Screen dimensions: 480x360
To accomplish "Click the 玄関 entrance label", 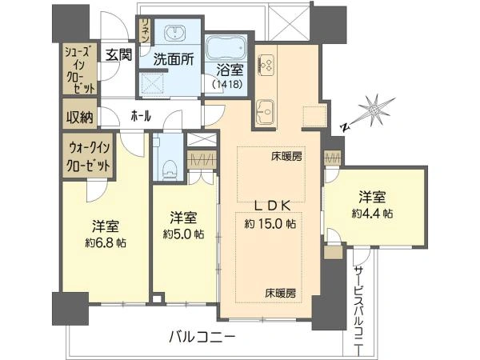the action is point(119,55).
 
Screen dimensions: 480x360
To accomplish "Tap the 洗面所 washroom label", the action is point(174,59).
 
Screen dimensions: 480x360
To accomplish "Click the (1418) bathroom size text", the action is point(227,84).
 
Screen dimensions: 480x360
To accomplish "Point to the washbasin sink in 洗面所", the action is point(174,33).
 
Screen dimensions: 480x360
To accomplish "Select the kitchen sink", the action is point(265,112).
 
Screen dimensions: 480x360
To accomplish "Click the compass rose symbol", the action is point(373,111).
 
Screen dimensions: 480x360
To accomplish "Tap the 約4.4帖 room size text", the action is point(372,214).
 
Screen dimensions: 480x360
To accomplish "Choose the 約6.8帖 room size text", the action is point(106,243).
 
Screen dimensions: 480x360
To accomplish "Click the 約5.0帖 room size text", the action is point(184,234).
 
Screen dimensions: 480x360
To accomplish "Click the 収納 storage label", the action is point(80,117).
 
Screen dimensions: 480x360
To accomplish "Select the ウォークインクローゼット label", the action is point(88,158).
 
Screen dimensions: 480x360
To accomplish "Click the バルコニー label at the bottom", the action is point(202,338).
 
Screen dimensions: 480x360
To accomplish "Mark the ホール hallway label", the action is point(141,116).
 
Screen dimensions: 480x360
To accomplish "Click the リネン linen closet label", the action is point(146,30).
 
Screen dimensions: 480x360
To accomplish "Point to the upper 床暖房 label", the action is point(286,157).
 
